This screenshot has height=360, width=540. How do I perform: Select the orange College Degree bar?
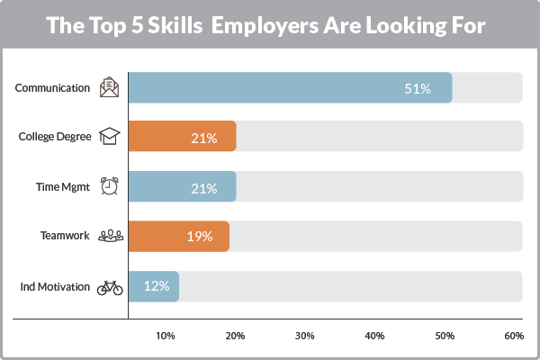click(x=182, y=138)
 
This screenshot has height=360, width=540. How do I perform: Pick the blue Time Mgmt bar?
click(x=182, y=188)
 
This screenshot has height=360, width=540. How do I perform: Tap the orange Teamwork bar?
click(x=178, y=237)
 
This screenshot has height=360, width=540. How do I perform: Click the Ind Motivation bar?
click(x=154, y=287)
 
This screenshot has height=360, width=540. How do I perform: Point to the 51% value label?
click(x=417, y=88)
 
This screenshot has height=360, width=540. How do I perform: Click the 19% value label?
click(x=199, y=237)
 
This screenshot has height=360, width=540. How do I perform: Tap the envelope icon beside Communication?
click(x=109, y=88)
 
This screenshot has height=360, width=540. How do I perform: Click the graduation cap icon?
click(x=109, y=138)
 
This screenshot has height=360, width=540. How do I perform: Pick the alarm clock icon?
click(x=109, y=187)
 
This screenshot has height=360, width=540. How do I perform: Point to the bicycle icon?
click(x=109, y=287)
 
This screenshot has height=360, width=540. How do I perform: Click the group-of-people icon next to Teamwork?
click(x=109, y=237)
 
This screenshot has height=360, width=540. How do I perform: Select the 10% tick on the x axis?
click(x=166, y=336)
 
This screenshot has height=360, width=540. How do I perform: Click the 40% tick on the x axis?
click(x=374, y=336)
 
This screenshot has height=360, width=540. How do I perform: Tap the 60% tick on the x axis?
click(x=514, y=336)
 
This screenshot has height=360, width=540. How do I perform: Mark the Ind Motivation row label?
click(x=55, y=287)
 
